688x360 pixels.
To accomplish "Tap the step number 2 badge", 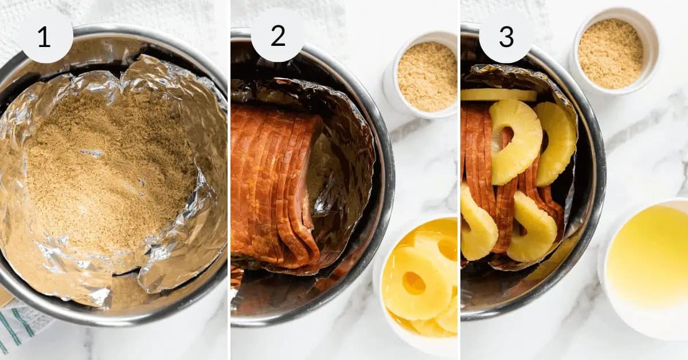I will (x=277, y=36).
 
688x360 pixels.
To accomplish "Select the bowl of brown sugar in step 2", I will (x=427, y=76).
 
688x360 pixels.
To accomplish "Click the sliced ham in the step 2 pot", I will (x=269, y=183).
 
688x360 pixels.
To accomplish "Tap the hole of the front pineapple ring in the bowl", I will (x=413, y=283).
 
